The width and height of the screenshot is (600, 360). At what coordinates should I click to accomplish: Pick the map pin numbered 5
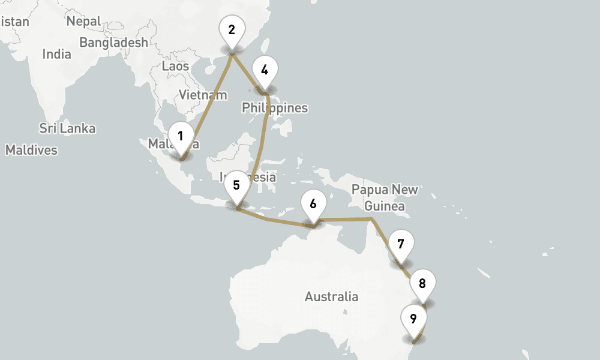coord(236,186)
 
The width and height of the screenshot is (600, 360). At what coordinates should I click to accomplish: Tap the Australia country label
coord(331,296)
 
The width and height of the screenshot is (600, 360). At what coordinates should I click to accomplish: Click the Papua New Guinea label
coord(385,197)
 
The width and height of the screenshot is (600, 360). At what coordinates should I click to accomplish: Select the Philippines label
coord(275,108)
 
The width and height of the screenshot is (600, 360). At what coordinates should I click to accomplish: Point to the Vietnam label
coord(203,95)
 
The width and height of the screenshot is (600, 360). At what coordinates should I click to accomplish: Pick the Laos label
coord(175,66)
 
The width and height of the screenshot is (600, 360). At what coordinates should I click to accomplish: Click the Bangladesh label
coord(113,43)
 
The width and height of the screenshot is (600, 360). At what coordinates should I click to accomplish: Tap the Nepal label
coord(83,21)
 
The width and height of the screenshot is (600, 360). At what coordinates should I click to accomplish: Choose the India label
coord(56,54)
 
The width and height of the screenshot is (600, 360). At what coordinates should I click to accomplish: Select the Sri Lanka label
coord(67,128)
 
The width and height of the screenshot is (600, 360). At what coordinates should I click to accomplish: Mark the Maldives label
coord(31,150)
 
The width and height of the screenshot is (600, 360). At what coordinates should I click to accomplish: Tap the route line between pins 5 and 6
coord(273,220)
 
